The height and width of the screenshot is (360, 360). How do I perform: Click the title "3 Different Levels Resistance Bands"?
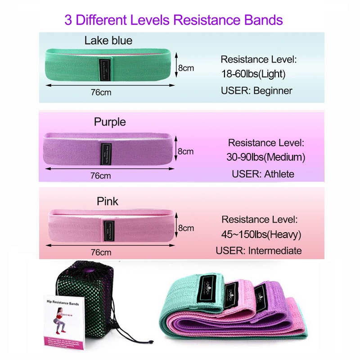pos(173,20)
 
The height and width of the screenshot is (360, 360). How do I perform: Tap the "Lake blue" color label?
pos(108,40)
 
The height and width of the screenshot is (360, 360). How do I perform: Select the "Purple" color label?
pos(110,121)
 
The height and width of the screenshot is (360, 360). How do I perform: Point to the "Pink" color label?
pos(108,201)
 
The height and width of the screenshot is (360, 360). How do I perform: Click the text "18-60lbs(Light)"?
pos(253,74)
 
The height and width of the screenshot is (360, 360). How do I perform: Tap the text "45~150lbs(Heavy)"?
pos(261,234)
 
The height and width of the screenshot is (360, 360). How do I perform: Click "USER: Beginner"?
pos(256,90)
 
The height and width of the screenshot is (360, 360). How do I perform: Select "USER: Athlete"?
pos(263,174)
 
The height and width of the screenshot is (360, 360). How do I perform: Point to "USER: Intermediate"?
pos(258,251)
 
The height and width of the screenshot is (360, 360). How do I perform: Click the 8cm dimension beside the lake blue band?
pos(185,68)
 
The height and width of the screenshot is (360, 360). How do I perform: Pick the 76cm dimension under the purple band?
pos(100,175)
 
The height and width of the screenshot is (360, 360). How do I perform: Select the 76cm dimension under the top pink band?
pos(100,252)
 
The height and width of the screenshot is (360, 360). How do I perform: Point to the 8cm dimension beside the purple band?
pos(185,151)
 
